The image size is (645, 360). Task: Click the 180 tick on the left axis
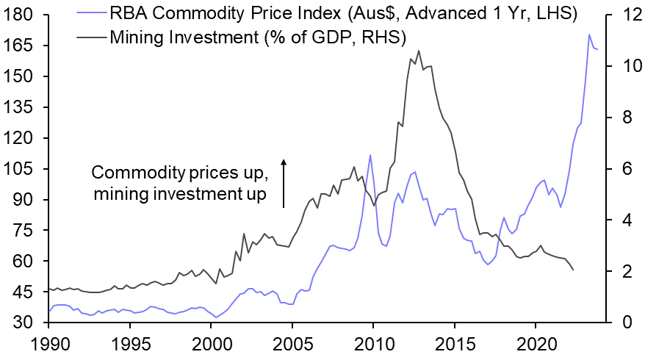click(21, 15)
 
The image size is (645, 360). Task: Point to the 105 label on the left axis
click(21, 169)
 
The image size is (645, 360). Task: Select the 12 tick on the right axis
click(620, 15)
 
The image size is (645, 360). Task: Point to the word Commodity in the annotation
click(130, 173)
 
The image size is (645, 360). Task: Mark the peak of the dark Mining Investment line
click(418, 51)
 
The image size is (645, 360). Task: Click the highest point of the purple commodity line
click(588, 35)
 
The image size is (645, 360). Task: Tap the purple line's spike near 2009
click(370, 155)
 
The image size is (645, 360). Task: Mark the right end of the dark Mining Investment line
click(572, 270)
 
